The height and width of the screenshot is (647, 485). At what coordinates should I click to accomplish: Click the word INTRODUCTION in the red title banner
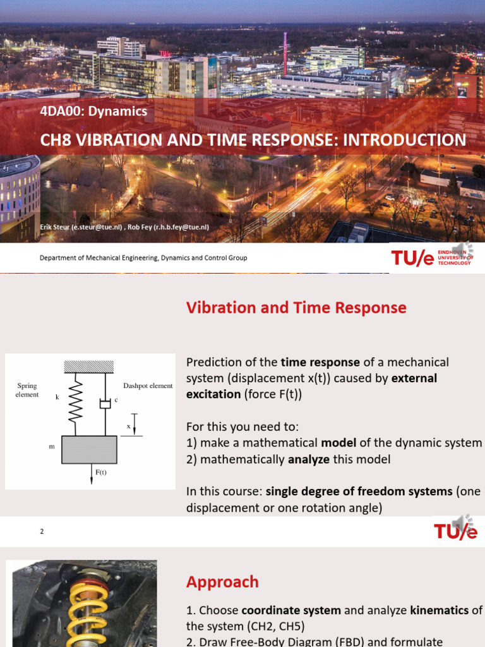(x=405, y=140)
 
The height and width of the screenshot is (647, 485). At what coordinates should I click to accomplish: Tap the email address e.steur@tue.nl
(x=97, y=227)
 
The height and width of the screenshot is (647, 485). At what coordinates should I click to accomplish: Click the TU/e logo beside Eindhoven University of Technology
(x=412, y=258)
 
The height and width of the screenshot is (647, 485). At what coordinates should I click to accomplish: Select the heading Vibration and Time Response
(x=296, y=308)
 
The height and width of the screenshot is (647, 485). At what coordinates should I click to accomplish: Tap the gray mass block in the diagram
(x=89, y=449)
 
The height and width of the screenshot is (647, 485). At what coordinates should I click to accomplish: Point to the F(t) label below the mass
(x=101, y=472)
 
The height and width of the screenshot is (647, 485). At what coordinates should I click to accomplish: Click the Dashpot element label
(x=148, y=386)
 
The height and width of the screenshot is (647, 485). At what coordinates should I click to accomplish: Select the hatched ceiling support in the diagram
(x=88, y=367)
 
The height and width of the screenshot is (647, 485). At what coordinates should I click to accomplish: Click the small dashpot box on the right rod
(x=105, y=404)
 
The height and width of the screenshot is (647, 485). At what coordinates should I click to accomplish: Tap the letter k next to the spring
(x=57, y=397)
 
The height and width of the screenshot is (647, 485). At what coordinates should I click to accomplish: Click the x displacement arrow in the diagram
(x=134, y=424)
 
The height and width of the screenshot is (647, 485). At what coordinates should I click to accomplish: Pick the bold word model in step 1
(x=338, y=443)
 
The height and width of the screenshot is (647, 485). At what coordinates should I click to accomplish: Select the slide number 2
(x=42, y=531)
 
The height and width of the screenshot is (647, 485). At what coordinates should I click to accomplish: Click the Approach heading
(x=222, y=582)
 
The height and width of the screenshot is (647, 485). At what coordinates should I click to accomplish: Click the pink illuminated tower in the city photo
(x=285, y=54)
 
